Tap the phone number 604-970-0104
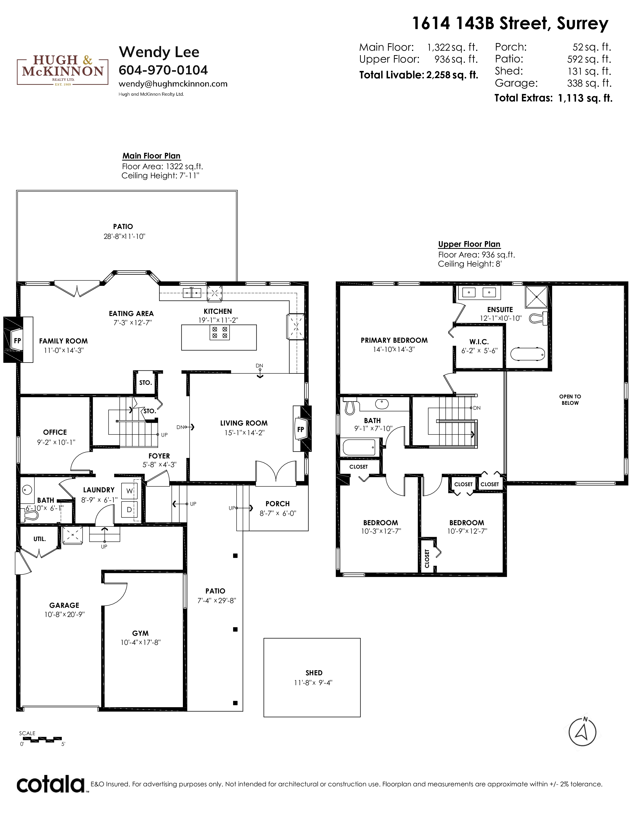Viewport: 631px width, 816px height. click(x=163, y=70)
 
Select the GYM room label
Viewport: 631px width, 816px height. click(x=140, y=633)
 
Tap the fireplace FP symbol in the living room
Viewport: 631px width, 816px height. click(x=302, y=429)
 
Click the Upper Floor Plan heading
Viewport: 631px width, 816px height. click(x=469, y=244)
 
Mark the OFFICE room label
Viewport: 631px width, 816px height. click(x=55, y=432)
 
